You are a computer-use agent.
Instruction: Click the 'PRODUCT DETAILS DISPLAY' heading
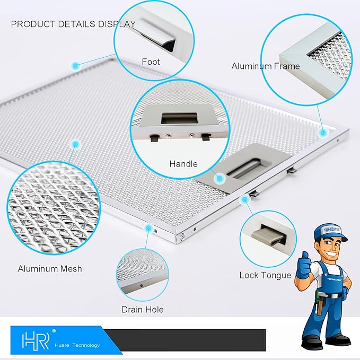[73, 24]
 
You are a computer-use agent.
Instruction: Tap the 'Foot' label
[151, 62]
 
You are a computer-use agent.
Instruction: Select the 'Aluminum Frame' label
[266, 66]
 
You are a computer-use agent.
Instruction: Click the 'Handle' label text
[183, 164]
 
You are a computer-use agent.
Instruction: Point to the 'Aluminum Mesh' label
[50, 269]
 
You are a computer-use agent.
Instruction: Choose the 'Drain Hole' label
[143, 310]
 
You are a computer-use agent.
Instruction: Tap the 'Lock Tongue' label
[266, 275]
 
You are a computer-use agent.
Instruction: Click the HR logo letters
[36, 341]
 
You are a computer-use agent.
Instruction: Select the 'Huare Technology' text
[77, 345]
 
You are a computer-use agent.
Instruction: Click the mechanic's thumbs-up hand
[303, 266]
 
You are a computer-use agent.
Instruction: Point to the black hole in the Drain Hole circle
[142, 285]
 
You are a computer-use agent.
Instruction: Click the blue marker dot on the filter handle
[219, 178]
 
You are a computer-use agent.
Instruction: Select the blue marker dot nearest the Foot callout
[75, 66]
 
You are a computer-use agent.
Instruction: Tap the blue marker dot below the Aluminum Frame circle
[323, 133]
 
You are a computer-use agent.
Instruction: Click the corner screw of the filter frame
[182, 236]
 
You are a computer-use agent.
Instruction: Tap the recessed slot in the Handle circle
[179, 118]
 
